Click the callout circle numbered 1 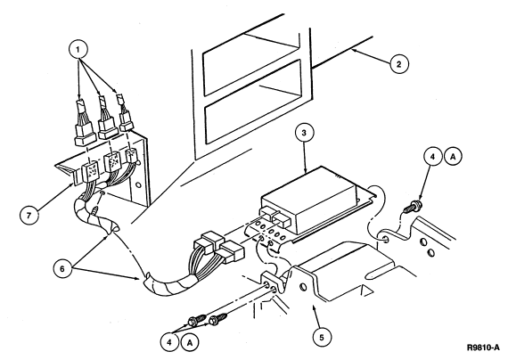click(78, 50)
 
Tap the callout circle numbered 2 click(398, 64)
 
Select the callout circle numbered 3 click(304, 133)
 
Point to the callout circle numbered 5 click(322, 338)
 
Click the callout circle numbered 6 click(62, 268)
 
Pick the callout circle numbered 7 click(29, 215)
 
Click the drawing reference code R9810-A click(483, 348)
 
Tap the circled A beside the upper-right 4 click(453, 157)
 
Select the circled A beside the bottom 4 click(190, 342)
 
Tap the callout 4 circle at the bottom click(169, 342)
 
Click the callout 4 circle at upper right click(432, 157)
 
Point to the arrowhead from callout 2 click(355, 50)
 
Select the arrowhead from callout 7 click(73, 185)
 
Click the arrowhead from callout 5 click(313, 307)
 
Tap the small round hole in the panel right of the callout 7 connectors click(138, 185)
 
